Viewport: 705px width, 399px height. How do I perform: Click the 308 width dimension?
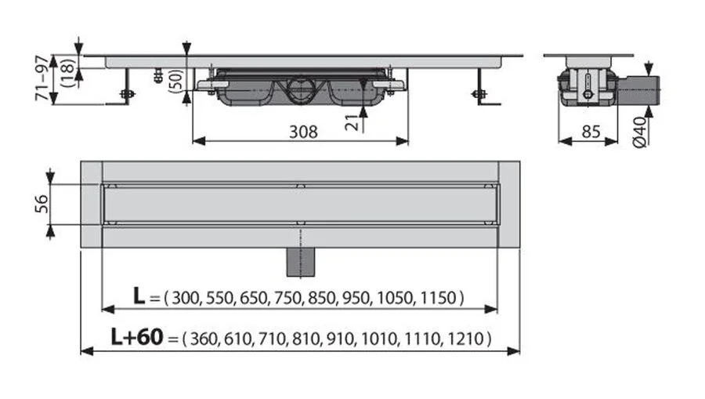[x=302, y=132]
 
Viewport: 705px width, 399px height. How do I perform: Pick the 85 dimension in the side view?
[x=590, y=132]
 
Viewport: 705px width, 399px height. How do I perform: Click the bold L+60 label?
[x=136, y=338]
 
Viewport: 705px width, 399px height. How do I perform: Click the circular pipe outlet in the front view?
[x=299, y=86]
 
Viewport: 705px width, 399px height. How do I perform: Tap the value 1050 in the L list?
[x=401, y=298]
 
